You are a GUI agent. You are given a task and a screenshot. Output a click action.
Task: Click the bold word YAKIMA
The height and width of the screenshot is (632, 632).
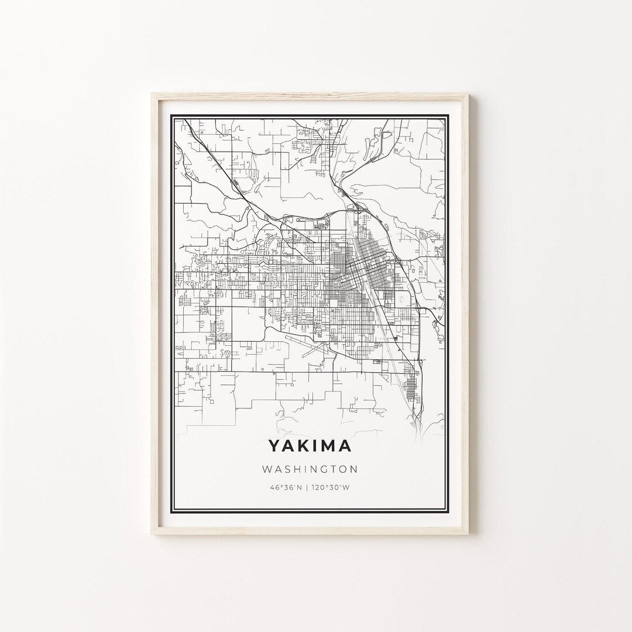coord(310,446)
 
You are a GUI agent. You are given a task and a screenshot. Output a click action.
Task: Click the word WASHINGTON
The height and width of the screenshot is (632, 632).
coord(310,469)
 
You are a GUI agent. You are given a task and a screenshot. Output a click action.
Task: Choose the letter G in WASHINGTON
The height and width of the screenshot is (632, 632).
coord(324,469)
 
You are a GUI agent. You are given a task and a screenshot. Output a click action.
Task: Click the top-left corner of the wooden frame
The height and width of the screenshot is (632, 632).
coord(152,94)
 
